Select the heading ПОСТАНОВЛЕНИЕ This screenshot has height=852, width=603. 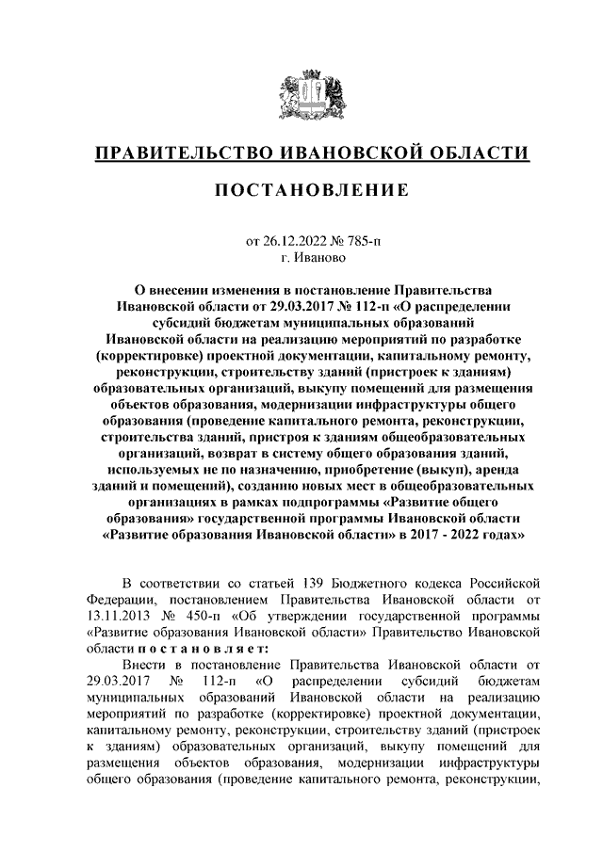(301, 191)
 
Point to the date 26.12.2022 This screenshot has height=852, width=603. (295, 241)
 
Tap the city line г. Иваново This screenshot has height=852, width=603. (301, 257)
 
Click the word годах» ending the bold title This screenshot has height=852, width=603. (487, 536)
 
